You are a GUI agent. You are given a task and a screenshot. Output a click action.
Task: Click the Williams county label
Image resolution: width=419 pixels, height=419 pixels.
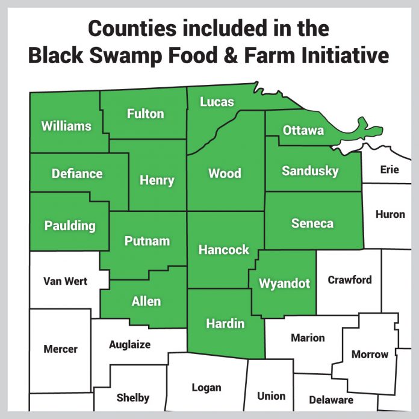(66, 126)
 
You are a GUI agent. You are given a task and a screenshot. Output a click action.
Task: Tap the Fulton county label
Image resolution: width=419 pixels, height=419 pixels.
(145, 113)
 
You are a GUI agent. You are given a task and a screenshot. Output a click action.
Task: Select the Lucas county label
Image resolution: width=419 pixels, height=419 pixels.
(217, 102)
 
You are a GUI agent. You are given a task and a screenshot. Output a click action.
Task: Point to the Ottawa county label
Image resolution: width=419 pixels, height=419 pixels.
(303, 130)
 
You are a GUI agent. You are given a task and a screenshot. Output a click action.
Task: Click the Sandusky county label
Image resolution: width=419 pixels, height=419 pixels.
(310, 171)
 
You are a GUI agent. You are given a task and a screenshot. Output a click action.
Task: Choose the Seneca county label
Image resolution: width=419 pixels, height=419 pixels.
(312, 223)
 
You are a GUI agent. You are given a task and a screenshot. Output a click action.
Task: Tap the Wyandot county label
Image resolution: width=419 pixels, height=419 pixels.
(284, 283)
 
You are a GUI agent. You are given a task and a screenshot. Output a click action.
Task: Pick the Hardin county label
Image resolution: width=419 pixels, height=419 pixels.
(225, 323)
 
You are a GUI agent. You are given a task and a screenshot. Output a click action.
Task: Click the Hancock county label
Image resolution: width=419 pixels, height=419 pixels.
(223, 250)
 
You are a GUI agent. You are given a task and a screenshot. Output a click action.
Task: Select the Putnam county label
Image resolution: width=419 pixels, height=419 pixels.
(147, 241)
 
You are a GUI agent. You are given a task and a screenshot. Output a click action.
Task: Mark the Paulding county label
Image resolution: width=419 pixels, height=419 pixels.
(70, 226)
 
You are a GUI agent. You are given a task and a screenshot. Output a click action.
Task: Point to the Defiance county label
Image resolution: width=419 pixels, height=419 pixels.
(77, 174)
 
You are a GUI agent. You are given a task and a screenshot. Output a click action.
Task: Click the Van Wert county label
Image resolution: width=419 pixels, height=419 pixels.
(66, 281)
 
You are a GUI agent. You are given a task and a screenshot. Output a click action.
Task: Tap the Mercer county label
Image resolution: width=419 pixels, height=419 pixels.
(60, 349)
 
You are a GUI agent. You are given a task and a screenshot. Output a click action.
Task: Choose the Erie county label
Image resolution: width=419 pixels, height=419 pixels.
(390, 170)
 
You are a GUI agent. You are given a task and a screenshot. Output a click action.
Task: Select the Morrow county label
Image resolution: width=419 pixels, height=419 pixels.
(370, 354)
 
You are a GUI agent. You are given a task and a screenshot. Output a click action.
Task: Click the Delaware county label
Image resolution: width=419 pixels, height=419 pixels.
(331, 400)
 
